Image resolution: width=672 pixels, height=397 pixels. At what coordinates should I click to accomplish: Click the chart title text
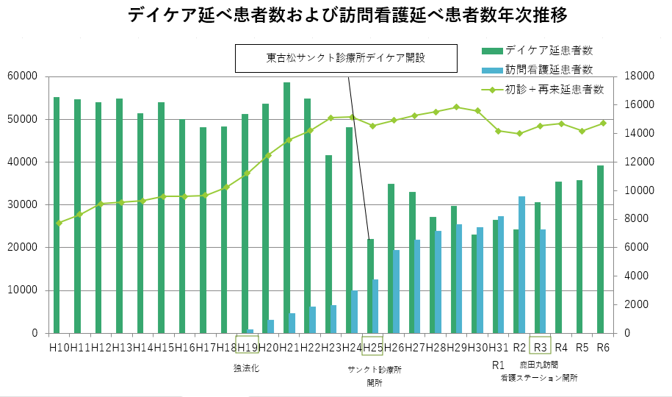pos(347,15)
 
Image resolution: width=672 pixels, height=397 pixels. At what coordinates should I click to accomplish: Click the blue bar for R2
pos(522,265)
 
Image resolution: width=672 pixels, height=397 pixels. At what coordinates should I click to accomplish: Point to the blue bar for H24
pos(355,312)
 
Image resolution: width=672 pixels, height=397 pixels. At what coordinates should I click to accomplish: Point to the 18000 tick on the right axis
pos(637,76)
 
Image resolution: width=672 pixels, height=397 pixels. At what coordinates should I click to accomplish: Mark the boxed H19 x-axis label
pos(247,347)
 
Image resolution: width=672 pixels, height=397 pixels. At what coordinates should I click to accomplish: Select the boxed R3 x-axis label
pos(541,347)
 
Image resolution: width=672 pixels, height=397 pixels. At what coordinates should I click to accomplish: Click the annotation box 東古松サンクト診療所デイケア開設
pos(346,58)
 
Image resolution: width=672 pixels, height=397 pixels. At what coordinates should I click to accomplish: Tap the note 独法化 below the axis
pos(247,368)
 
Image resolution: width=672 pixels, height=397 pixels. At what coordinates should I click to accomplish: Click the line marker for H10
pos(59,223)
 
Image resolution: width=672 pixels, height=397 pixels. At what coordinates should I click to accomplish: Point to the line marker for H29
pos(456,107)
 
